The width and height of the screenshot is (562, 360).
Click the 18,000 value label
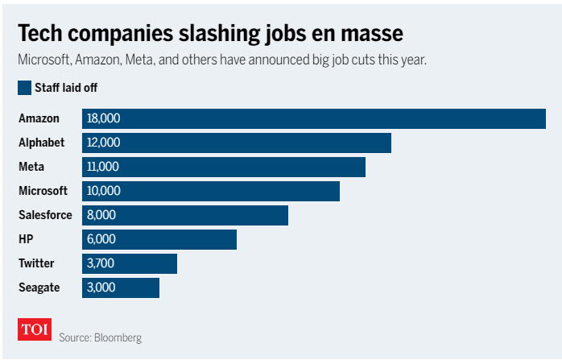click(103, 118)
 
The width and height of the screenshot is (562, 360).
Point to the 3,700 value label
click(101, 263)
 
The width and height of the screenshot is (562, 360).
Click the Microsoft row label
click(43, 191)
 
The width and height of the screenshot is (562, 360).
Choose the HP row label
click(26, 239)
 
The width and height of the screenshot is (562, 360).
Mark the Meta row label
click(31, 167)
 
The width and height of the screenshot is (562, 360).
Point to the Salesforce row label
click(45, 215)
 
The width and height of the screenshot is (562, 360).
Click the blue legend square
click(24, 88)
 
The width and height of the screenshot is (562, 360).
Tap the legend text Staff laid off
click(66, 88)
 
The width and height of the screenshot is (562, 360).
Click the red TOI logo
click(35, 329)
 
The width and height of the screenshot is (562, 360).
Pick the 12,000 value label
click(103, 143)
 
